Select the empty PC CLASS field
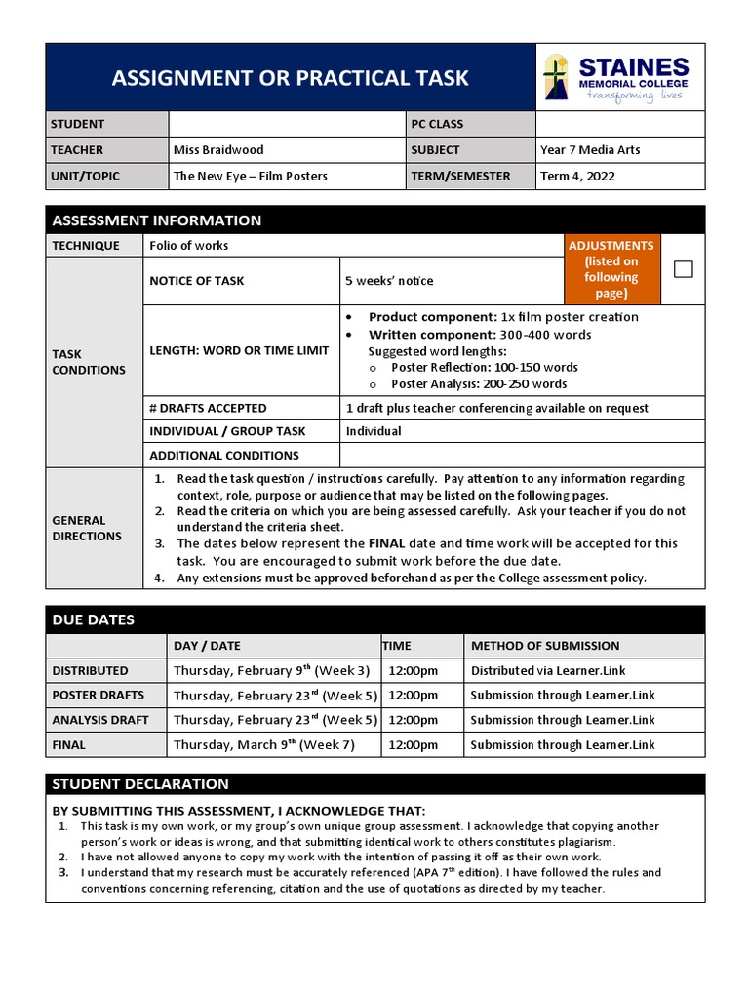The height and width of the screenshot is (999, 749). pyautogui.click(x=619, y=124)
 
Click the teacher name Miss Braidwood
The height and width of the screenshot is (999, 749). pyautogui.click(x=218, y=150)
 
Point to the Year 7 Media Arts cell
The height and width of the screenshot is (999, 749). pyautogui.click(x=590, y=150)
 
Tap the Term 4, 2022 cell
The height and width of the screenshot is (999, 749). pyautogui.click(x=577, y=177)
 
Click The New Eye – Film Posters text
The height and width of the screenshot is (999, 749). pyautogui.click(x=251, y=177)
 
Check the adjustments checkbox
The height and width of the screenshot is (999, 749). pyautogui.click(x=684, y=269)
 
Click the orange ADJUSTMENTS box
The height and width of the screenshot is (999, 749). pyautogui.click(x=611, y=269)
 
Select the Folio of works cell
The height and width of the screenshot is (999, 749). pyautogui.click(x=189, y=246)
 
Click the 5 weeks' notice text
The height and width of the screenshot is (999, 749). pyautogui.click(x=389, y=281)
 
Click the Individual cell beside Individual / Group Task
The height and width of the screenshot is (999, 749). pyautogui.click(x=374, y=431)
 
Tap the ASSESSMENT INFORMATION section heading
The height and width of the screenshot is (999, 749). pyautogui.click(x=156, y=220)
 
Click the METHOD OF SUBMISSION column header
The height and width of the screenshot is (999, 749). pyautogui.click(x=544, y=646)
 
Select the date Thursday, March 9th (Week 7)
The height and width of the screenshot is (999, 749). pyautogui.click(x=264, y=745)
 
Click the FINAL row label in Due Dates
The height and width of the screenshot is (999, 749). pyautogui.click(x=68, y=745)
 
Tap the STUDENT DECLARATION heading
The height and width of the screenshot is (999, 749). pyautogui.click(x=140, y=784)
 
